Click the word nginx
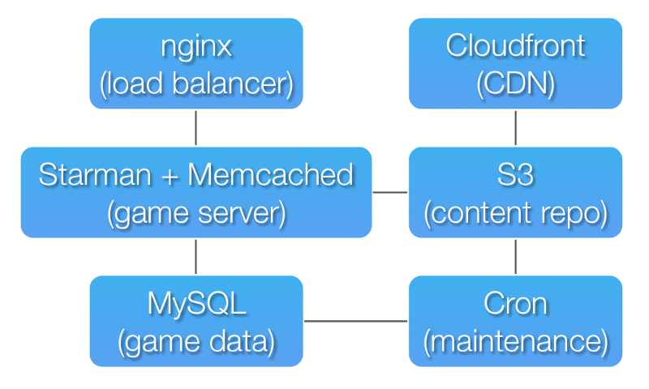pos(196,48)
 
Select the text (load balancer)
pos(196,84)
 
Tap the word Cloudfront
pos(515,45)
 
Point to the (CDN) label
pos(515,84)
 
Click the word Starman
pos(95,175)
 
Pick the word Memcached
pos(271,174)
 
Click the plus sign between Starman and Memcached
pos(170,177)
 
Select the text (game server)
pos(196,213)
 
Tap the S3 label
pos(515,175)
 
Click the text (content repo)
pos(515,213)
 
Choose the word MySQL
pos(196,305)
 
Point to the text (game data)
pos(196,342)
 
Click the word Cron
pos(515,304)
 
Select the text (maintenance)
pos(515,342)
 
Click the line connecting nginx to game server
pos(196,128)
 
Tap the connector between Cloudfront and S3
pos(515,128)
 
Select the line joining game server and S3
pos(390,192)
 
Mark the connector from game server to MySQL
pos(196,257)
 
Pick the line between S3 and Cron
pos(515,257)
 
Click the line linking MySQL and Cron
pos(355,321)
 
